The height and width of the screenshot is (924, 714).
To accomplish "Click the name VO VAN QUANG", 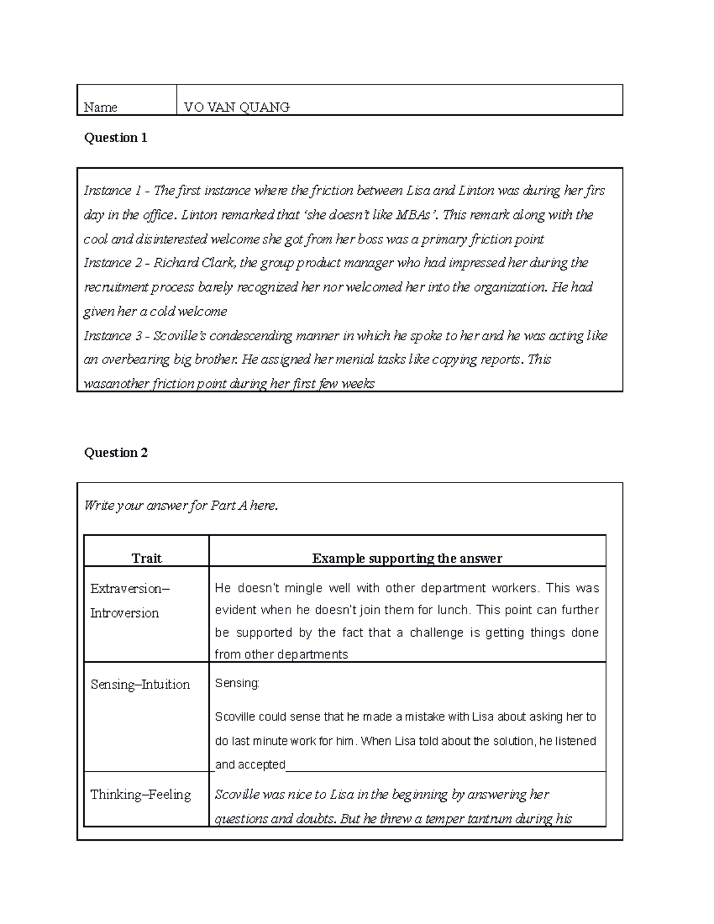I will pyautogui.click(x=236, y=107).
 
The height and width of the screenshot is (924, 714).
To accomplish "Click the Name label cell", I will pyautogui.click(x=101, y=107).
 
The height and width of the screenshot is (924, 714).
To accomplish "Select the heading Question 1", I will pyautogui.click(x=115, y=138).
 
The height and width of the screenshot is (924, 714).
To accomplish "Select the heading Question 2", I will pyautogui.click(x=115, y=453).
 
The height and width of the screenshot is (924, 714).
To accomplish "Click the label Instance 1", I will pyautogui.click(x=112, y=191).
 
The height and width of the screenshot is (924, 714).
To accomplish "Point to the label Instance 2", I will pyautogui.click(x=112, y=263).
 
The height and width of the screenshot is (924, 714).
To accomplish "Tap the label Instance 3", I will pyautogui.click(x=112, y=336).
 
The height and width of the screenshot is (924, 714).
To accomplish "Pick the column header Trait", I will pyautogui.click(x=146, y=558).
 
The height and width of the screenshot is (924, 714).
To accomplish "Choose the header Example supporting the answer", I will pyautogui.click(x=407, y=558).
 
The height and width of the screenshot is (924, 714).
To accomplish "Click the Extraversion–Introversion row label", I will pyautogui.click(x=129, y=600).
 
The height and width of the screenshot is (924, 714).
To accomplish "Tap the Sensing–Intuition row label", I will pyautogui.click(x=140, y=685).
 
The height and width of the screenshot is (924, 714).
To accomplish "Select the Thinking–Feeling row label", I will pyautogui.click(x=140, y=795).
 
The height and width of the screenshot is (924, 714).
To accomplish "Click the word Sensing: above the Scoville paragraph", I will pyautogui.click(x=237, y=683).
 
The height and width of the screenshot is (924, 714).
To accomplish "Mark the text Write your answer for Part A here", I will pyautogui.click(x=181, y=506).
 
